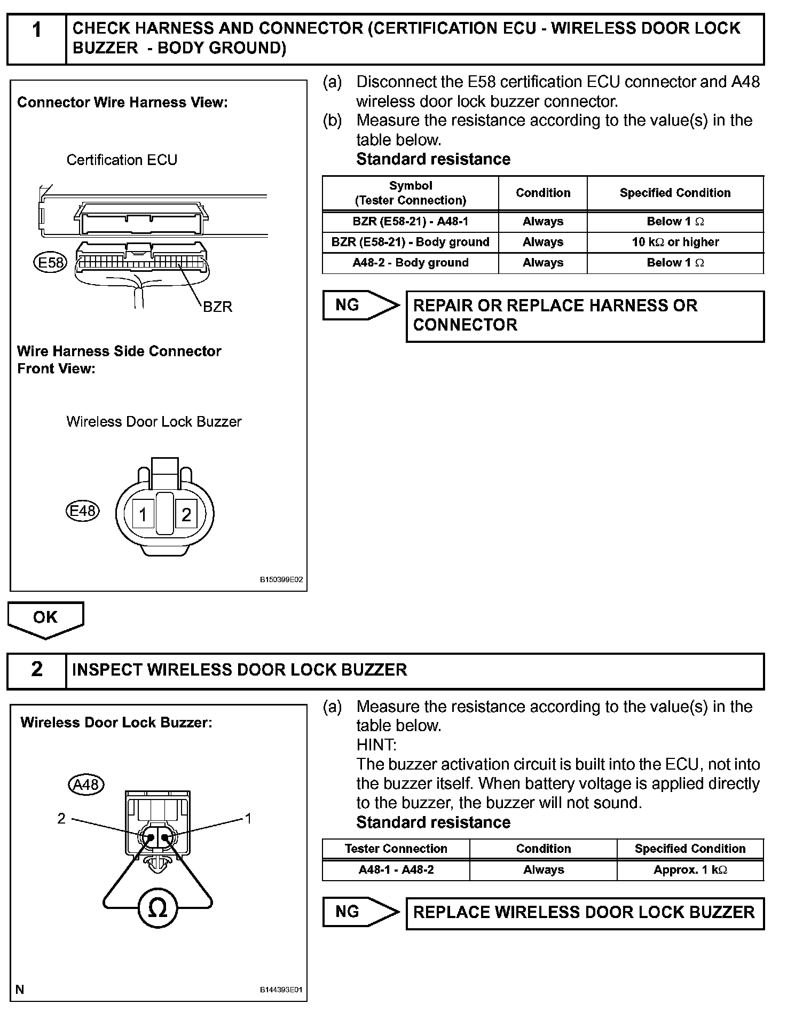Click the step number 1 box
point(36,39)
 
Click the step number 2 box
point(36,670)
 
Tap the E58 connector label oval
point(50,262)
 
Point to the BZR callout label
point(217,307)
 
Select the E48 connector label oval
point(83,511)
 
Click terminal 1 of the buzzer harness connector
point(143,514)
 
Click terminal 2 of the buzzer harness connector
point(186,514)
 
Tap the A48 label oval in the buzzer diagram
point(86,785)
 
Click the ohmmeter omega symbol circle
point(157,908)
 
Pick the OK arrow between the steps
point(45,618)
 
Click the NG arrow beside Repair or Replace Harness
point(360,305)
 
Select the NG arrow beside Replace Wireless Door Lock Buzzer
point(360,912)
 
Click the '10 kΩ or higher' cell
point(675,242)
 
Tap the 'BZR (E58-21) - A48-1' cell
point(410,222)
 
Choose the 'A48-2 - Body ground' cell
point(410,263)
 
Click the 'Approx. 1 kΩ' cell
point(690,870)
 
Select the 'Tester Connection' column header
point(396,849)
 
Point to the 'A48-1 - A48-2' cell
point(396,870)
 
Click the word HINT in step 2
point(376,745)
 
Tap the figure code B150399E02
point(281,579)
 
